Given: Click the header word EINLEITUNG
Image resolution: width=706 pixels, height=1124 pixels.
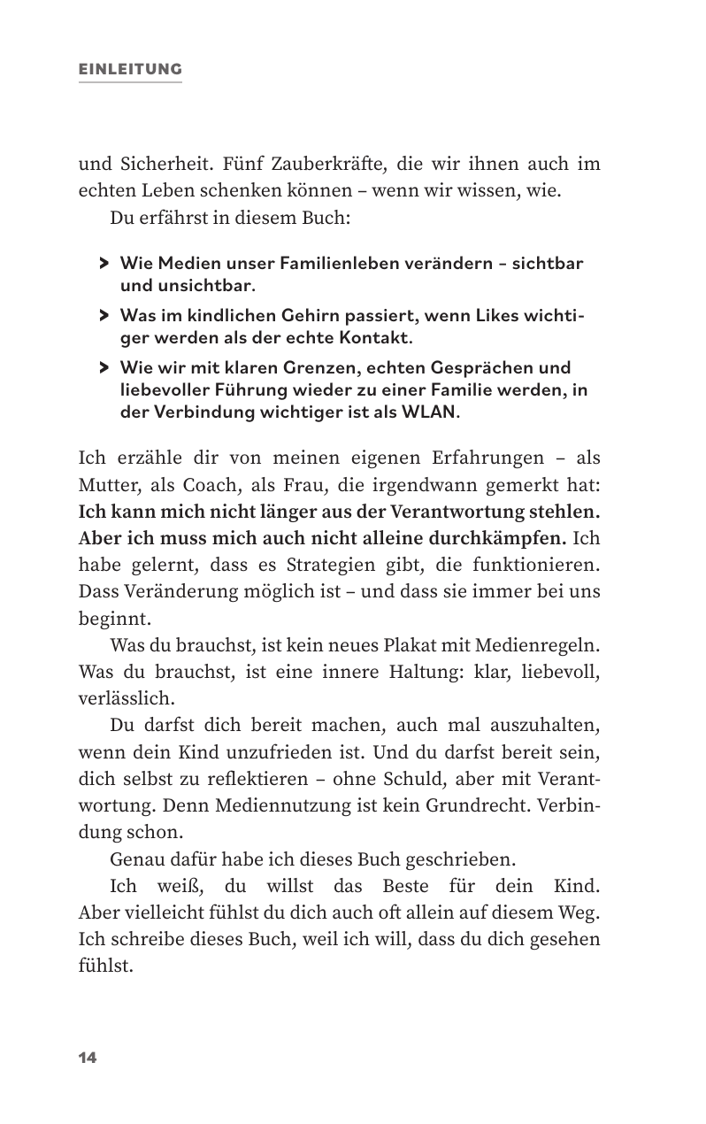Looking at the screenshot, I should coord(130,69).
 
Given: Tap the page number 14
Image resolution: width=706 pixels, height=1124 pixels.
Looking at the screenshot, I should coord(88,1059).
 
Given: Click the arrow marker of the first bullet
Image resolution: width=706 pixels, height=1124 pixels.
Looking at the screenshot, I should coord(104,264).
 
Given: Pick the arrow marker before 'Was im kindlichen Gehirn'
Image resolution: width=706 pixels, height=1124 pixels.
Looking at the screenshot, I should coord(104,315).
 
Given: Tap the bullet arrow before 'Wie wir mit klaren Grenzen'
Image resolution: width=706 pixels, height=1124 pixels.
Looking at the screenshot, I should coord(104,367).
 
